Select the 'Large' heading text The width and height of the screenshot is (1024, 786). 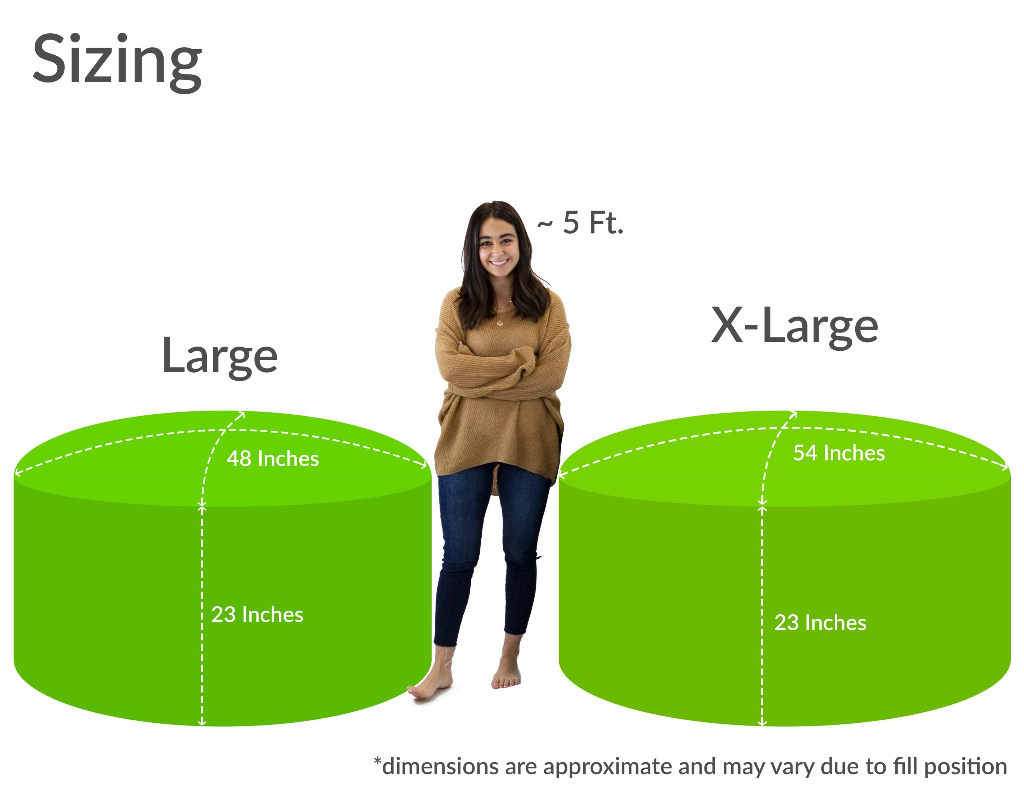[219, 357]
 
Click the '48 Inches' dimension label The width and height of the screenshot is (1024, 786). [272, 459]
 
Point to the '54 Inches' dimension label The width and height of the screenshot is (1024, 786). [839, 453]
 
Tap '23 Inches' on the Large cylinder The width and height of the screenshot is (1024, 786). [257, 614]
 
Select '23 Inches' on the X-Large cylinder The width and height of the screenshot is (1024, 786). [820, 622]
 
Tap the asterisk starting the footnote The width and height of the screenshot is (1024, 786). [377, 762]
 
